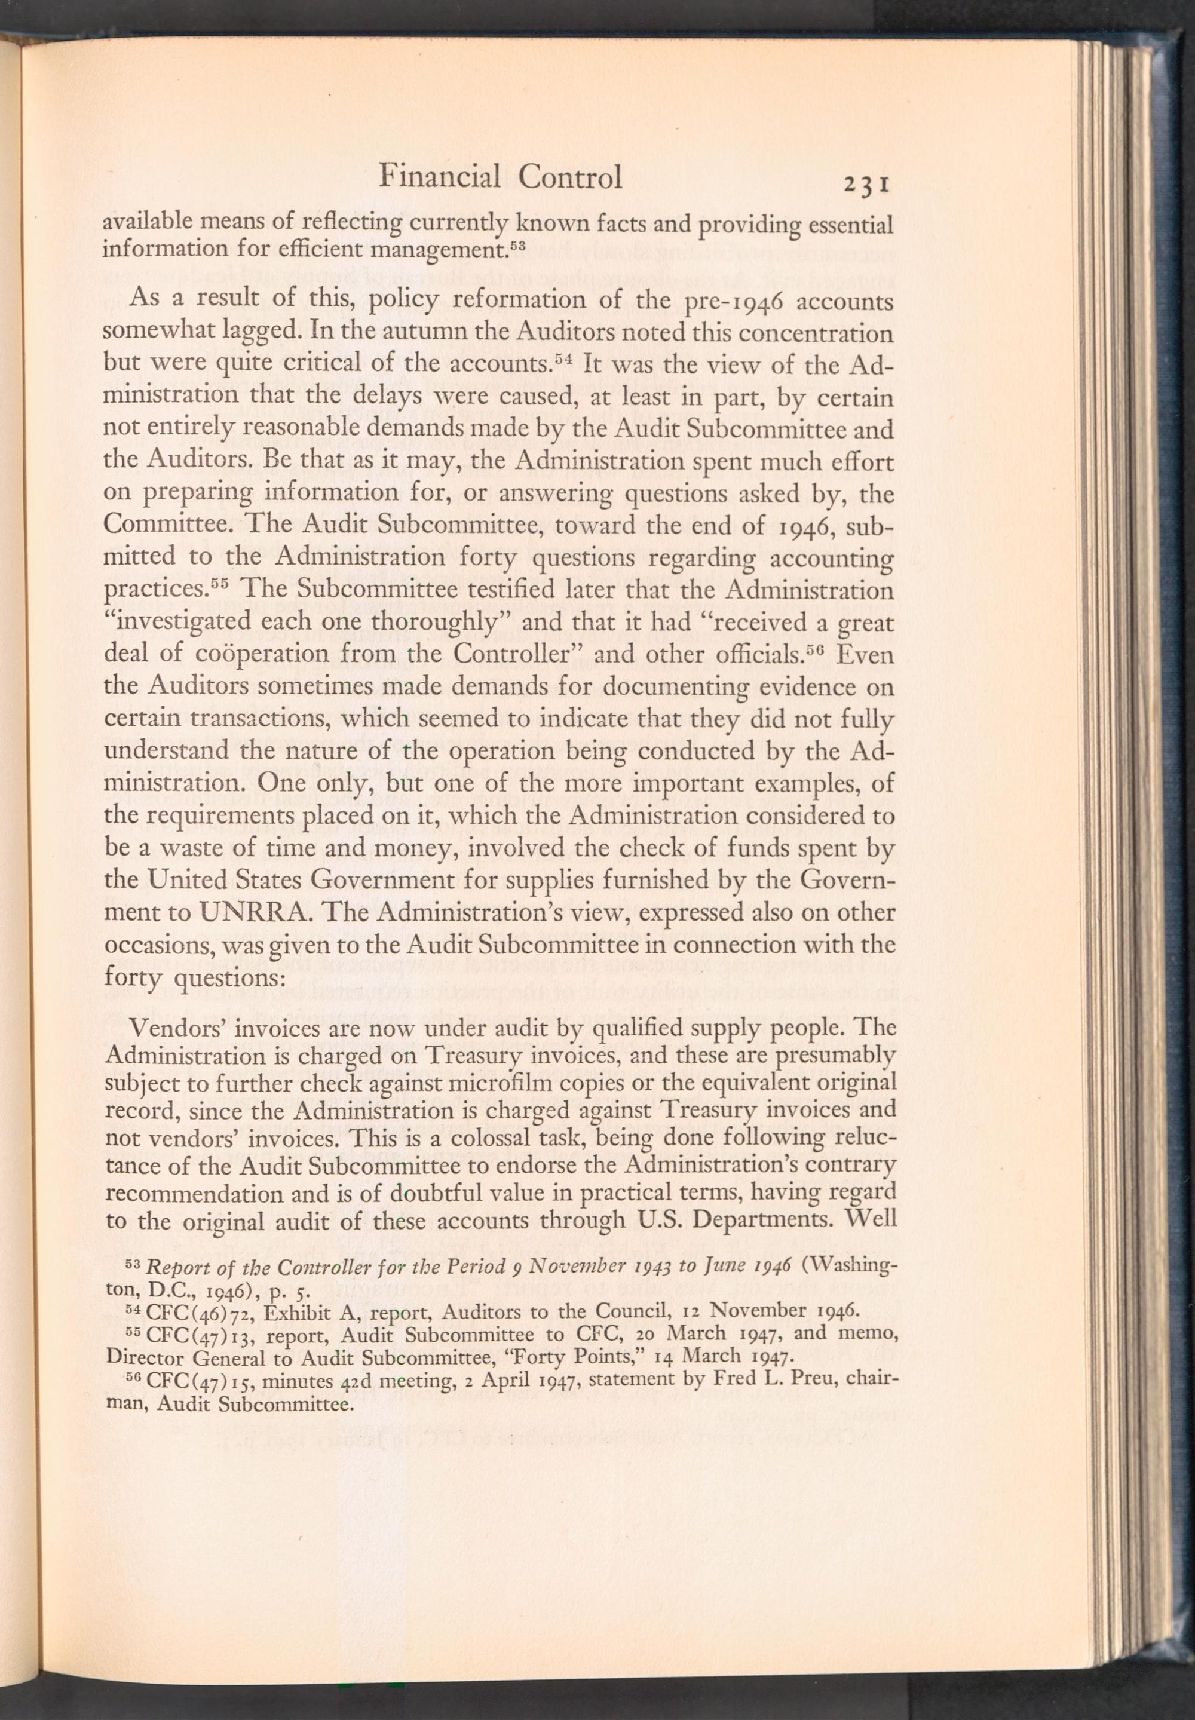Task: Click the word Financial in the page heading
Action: pyautogui.click(x=440, y=177)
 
